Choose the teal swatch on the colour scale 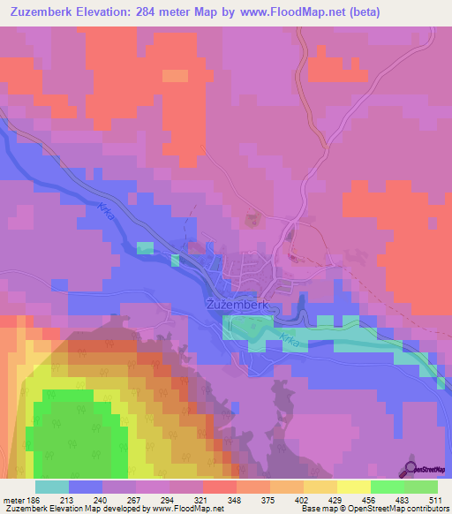point(51,487)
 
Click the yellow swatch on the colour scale point(353,487)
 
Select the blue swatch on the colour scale point(85,487)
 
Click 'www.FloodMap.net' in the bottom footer point(187,509)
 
